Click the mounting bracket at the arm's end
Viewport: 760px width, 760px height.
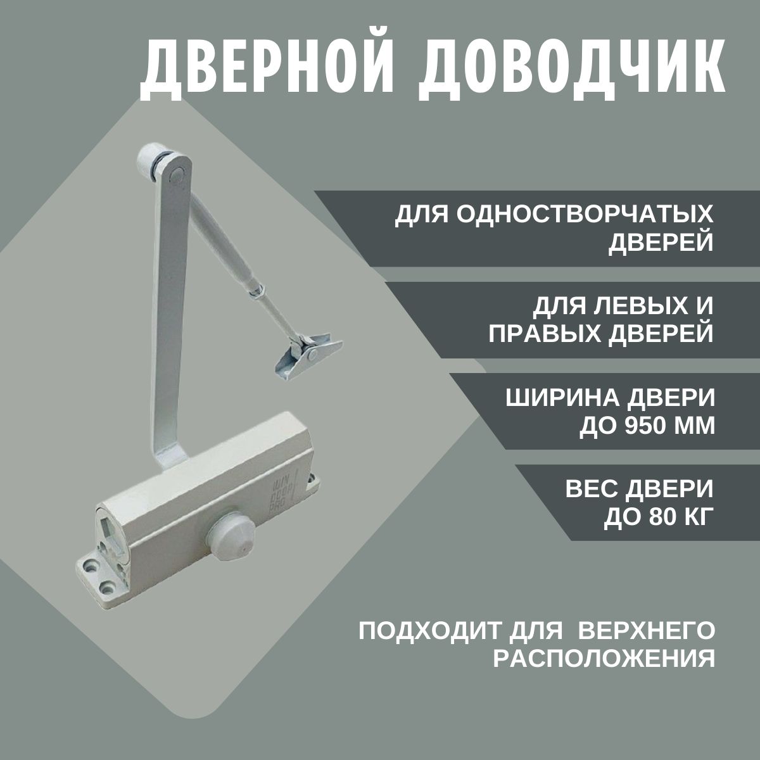coord(308,356)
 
